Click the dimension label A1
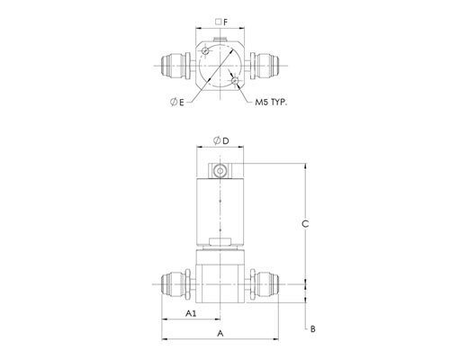191,313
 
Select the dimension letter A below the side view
220,333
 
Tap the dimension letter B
312,328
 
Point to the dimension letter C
305,224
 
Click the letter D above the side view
226,140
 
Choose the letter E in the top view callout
181,103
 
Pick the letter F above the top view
226,22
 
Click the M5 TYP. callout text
271,103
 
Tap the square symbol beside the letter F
219,22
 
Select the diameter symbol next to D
217,140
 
